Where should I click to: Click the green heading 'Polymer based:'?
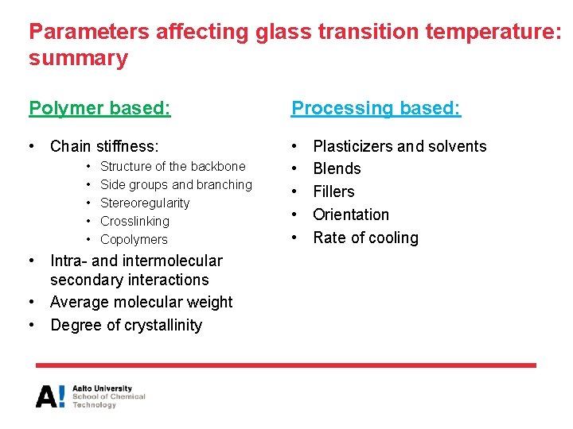point(99,108)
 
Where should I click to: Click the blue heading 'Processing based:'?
point(376,108)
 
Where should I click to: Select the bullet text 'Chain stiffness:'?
point(104,146)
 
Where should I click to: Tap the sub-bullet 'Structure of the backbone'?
point(173,166)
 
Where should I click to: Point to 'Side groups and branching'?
point(176,184)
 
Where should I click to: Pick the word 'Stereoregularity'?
point(145,203)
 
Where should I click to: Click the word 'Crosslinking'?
point(134,221)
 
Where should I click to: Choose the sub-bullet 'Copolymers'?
point(134,239)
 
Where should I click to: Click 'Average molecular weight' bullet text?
point(141,302)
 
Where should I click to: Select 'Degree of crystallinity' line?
point(126,325)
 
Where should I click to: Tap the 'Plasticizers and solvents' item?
point(400,146)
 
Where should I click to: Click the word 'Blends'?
point(337,168)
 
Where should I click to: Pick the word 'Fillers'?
point(333,191)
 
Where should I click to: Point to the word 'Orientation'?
point(351,214)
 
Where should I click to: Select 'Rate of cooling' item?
point(365,238)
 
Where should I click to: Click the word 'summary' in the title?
point(78,59)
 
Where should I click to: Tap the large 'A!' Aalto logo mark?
point(51,396)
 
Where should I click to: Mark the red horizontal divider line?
point(286,365)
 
